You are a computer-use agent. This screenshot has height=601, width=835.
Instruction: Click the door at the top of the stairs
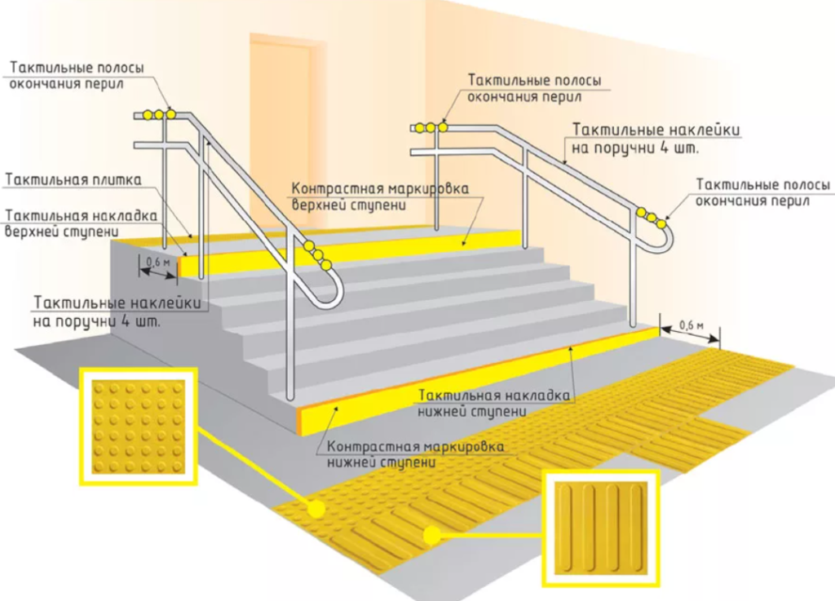[x=281, y=130]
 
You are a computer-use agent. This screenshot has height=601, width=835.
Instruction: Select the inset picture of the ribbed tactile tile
[x=602, y=528]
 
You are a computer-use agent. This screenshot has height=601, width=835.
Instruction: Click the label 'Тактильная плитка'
[x=74, y=179]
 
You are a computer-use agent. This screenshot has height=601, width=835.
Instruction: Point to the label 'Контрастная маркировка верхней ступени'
[x=380, y=197]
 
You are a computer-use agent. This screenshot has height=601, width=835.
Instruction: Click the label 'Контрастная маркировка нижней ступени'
[x=415, y=454]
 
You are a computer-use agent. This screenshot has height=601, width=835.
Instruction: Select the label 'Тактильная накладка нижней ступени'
[x=493, y=402]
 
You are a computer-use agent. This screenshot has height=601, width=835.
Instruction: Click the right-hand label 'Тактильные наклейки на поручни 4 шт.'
[x=656, y=139]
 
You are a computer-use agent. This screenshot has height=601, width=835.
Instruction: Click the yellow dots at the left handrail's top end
[x=160, y=115]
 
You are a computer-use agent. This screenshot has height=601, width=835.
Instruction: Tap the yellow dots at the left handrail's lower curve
[x=318, y=254]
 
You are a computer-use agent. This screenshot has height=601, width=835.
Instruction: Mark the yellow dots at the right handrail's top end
[x=429, y=127]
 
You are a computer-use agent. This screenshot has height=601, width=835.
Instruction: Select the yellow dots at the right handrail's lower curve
[x=652, y=218]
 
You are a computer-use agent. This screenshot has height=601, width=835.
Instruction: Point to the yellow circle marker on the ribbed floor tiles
[x=433, y=535]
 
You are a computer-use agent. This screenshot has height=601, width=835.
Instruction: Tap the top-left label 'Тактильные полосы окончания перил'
[x=77, y=76]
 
